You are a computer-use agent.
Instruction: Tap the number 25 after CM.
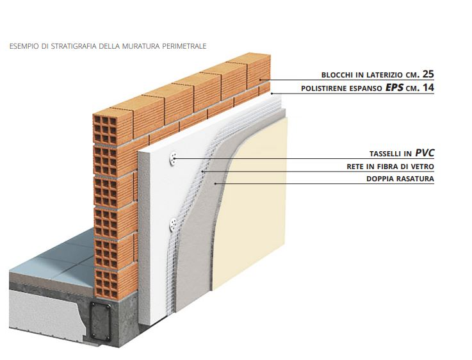(428, 73)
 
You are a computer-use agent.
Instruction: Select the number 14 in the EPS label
(427, 86)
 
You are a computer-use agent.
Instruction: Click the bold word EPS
(395, 86)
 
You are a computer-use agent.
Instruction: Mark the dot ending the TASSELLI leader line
(174, 158)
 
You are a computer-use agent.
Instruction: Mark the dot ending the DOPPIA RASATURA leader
(216, 184)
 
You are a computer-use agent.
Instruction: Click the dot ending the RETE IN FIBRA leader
(202, 171)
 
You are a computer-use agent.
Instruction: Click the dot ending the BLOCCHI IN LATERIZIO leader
(260, 79)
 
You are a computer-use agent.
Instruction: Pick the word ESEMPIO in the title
(22, 46)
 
